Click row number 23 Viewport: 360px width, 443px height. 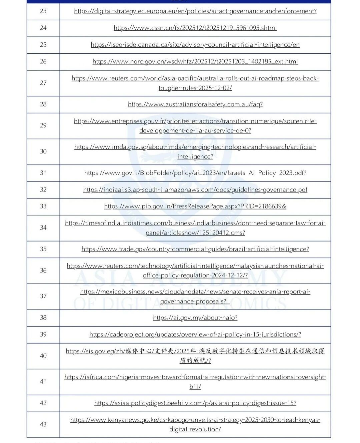(x=43, y=11)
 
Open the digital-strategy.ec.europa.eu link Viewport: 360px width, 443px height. (x=195, y=11)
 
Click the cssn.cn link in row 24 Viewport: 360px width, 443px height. (x=195, y=28)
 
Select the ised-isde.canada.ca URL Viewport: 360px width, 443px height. (x=195, y=45)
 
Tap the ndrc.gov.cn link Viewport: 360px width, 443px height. (x=195, y=62)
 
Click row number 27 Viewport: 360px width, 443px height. (x=43, y=83)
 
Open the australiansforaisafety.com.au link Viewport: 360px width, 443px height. (x=195, y=104)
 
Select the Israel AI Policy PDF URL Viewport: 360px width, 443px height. (x=195, y=173)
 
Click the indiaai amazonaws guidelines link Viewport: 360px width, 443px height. (x=195, y=190)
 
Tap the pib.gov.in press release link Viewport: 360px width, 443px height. (x=195, y=206)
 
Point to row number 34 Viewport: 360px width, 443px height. (x=43, y=228)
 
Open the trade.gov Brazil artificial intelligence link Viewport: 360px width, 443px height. (x=195, y=249)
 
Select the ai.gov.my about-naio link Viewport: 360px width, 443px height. (x=195, y=318)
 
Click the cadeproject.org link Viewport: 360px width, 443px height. (x=195, y=335)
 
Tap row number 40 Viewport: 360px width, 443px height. (x=43, y=356)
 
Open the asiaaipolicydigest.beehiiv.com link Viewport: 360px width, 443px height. (x=195, y=403)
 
